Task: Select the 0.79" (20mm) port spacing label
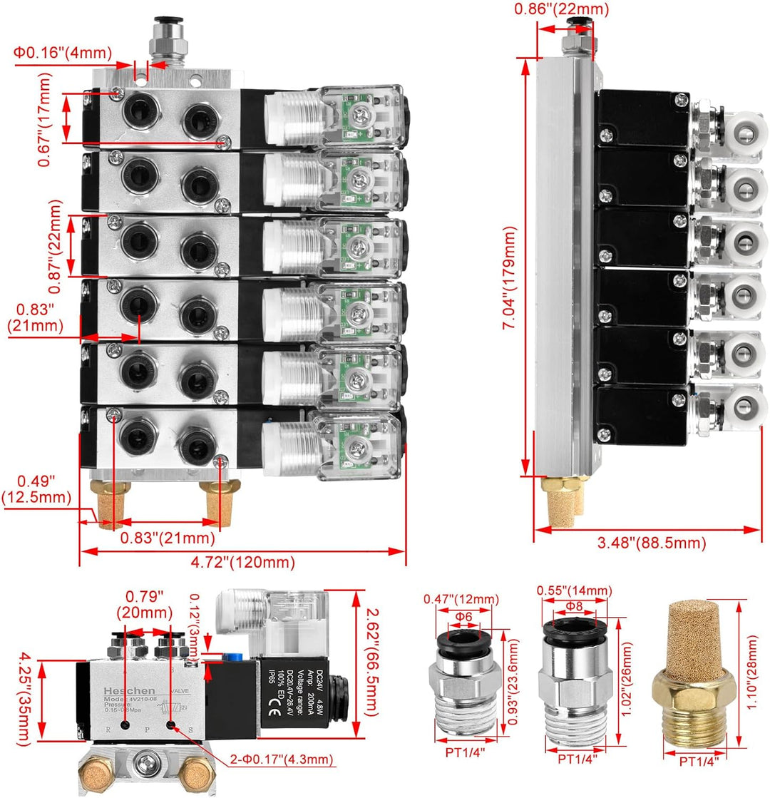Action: point(145,603)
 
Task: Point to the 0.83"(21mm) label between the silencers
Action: point(167,538)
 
